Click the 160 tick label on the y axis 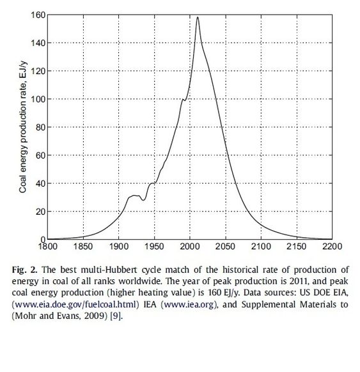tap(38, 15)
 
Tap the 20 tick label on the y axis tap(40, 212)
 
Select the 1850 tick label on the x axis tap(83, 247)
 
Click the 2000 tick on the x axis tap(190, 239)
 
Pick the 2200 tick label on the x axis tap(332, 247)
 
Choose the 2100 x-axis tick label tap(261, 247)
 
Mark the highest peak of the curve tap(198, 17)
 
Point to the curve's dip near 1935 tap(143, 201)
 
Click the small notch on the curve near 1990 tap(184, 100)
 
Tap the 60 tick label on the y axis tap(40, 155)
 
